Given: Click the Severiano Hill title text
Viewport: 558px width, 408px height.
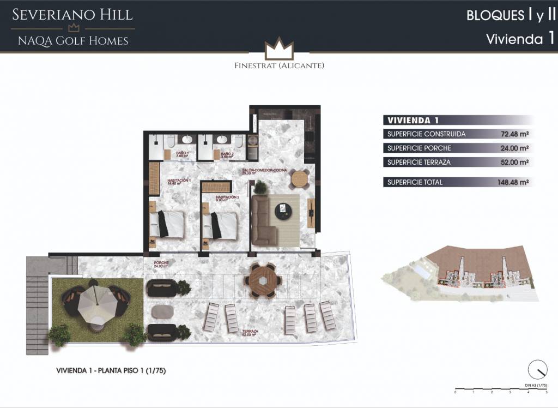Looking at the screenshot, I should [73, 15].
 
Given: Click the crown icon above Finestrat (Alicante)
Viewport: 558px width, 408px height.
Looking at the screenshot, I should [279, 49].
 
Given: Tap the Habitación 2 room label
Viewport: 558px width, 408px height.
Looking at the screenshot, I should [228, 198].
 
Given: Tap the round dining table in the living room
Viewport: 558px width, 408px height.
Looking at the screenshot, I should [300, 178].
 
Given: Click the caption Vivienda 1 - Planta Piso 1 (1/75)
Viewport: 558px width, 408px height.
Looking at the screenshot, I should [111, 370].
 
